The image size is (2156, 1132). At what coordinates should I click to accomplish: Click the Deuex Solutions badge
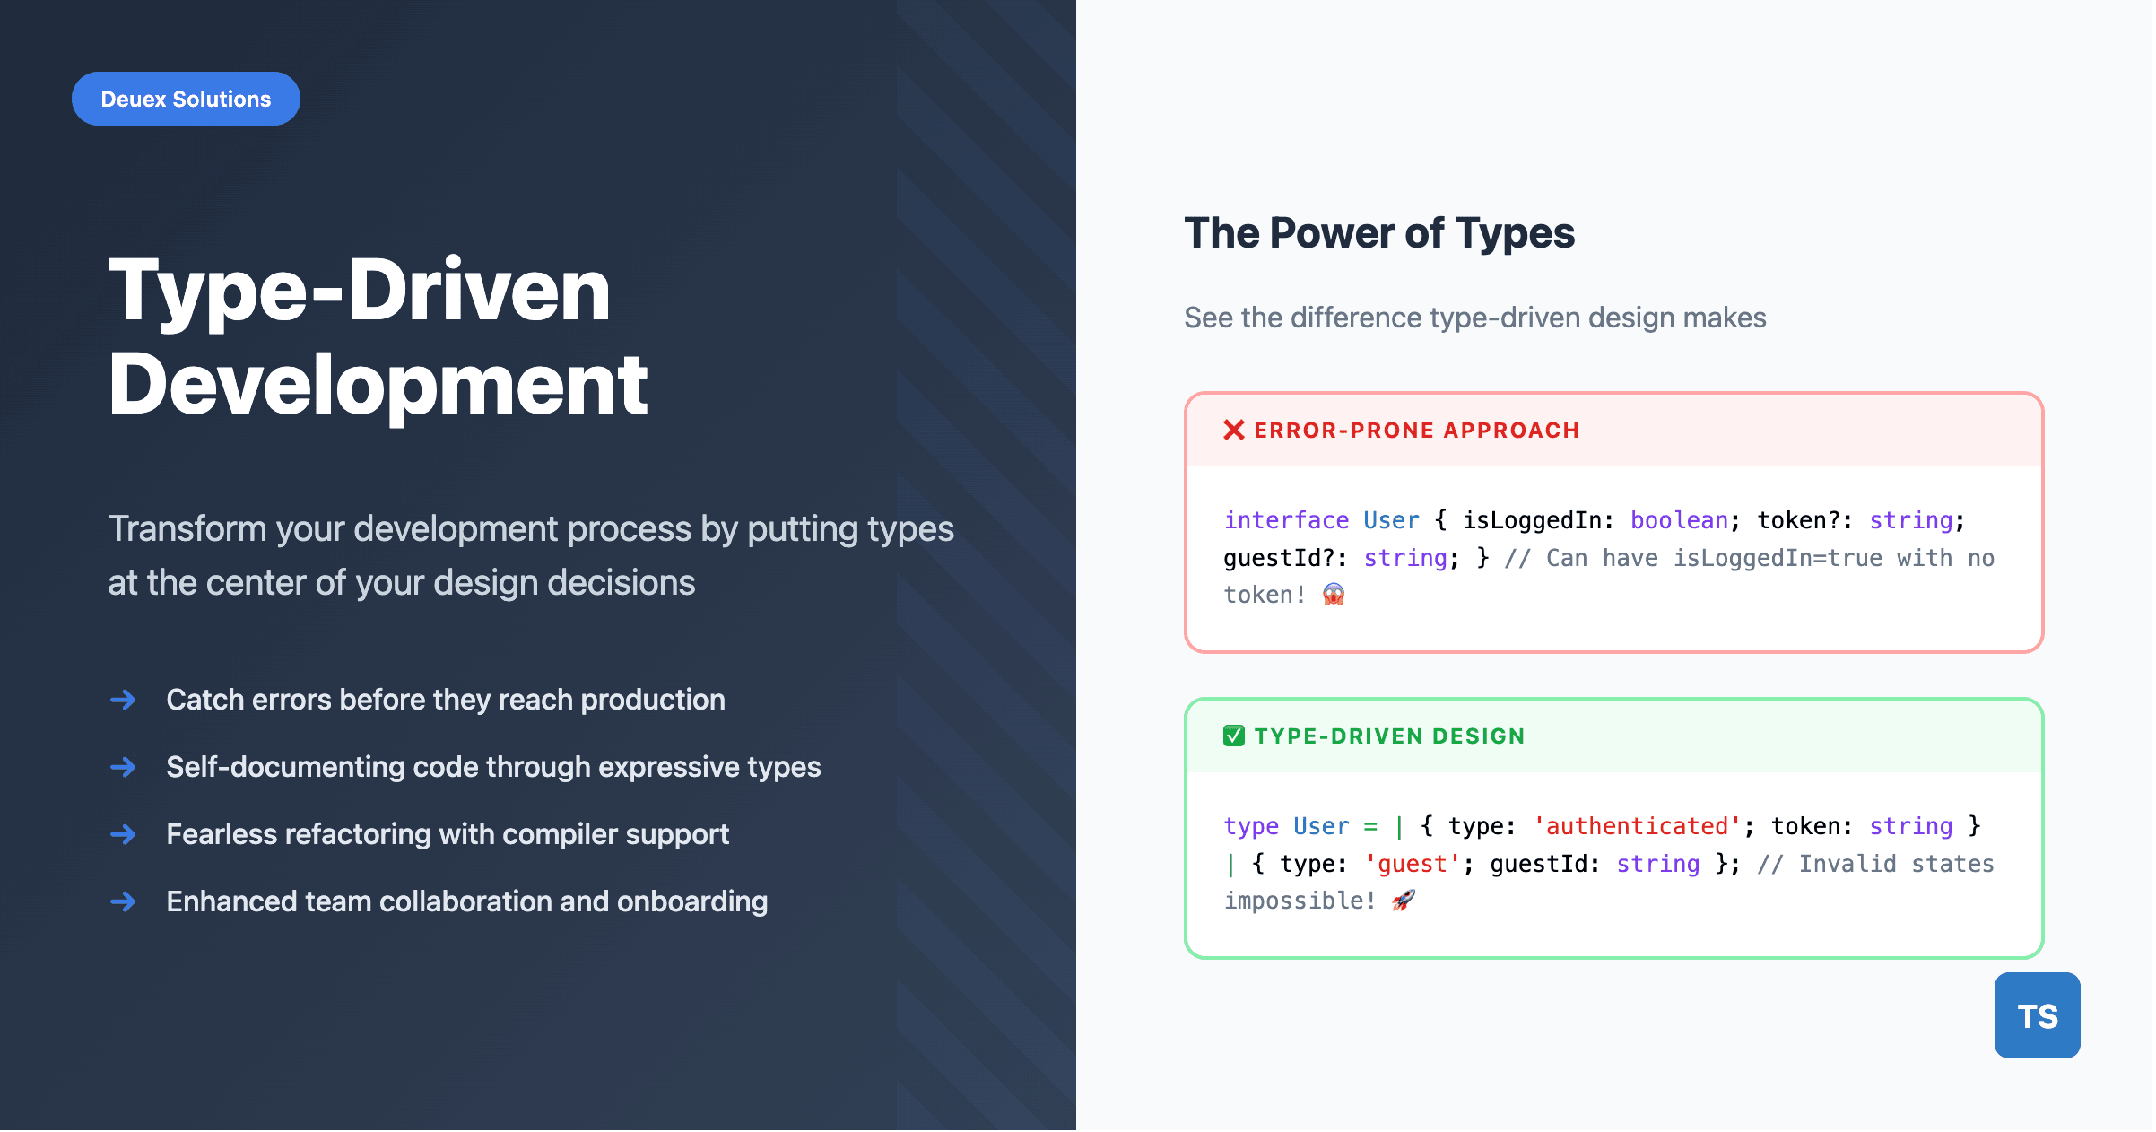click(186, 99)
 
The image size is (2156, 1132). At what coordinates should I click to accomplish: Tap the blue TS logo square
click(2036, 1015)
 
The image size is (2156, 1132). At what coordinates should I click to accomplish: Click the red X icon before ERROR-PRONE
click(1233, 431)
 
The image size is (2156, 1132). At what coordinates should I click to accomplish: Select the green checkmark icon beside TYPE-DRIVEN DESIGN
click(1233, 736)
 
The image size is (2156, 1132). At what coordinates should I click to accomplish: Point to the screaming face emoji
click(1333, 595)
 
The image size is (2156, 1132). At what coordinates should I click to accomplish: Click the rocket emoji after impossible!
click(1403, 901)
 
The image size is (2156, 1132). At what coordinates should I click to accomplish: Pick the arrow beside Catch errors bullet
click(123, 700)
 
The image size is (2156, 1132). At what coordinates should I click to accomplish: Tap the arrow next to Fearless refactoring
click(123, 834)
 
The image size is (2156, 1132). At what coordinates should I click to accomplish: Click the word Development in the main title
click(378, 386)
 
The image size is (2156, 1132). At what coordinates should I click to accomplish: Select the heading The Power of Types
click(1378, 233)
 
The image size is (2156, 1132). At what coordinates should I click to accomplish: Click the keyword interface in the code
click(1285, 520)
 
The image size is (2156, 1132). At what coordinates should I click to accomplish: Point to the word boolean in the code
click(1678, 520)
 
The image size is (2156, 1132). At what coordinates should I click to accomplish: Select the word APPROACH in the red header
click(1511, 431)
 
